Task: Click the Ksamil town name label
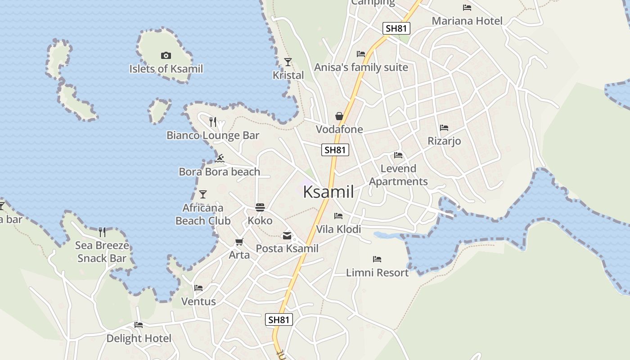click(x=328, y=192)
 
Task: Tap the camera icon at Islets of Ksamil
click(x=166, y=55)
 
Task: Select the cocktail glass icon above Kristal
click(x=288, y=62)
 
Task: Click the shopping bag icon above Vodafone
click(x=339, y=116)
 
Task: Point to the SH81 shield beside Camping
click(x=396, y=28)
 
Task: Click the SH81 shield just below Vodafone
click(x=335, y=150)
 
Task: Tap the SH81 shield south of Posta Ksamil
click(x=279, y=319)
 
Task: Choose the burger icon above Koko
click(x=260, y=207)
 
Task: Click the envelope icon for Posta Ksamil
click(x=287, y=235)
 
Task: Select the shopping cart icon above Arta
click(x=239, y=242)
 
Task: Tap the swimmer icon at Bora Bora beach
click(x=220, y=158)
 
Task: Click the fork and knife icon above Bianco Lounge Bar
click(x=213, y=121)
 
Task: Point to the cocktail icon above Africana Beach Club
click(x=203, y=194)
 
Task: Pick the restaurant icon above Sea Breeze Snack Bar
click(x=102, y=232)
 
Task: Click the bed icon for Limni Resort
click(x=377, y=259)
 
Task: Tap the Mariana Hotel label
click(x=467, y=21)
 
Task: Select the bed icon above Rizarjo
click(x=444, y=128)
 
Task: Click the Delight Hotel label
click(x=139, y=338)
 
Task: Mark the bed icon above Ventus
click(x=198, y=288)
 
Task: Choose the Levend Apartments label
click(x=398, y=175)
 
